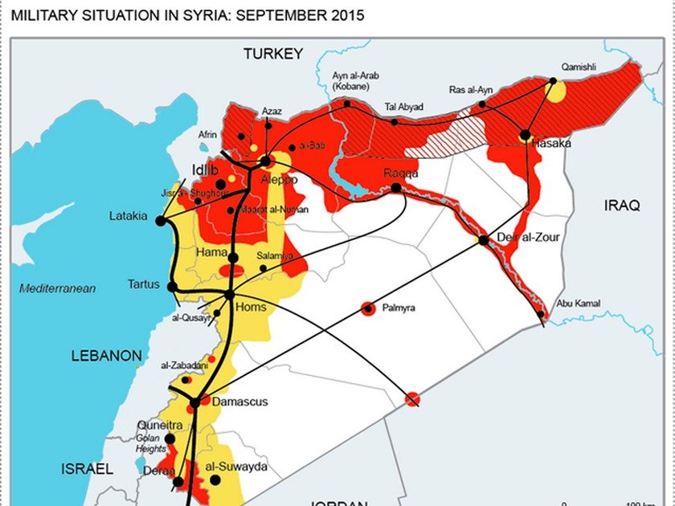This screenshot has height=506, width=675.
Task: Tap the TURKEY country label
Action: (273, 54)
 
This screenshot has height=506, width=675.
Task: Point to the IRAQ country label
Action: (621, 206)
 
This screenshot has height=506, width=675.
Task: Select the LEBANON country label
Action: (106, 355)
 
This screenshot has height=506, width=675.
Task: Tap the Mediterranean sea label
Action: (58, 288)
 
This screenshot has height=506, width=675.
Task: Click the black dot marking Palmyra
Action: (368, 308)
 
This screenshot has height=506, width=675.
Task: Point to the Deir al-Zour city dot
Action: (483, 240)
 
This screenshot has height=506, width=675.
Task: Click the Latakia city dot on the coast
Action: (161, 220)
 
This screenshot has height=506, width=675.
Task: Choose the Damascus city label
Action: (241, 402)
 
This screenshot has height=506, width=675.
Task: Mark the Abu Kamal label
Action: (575, 304)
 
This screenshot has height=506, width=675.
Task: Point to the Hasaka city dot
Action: (525, 136)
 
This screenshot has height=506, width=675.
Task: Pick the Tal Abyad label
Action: (404, 106)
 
